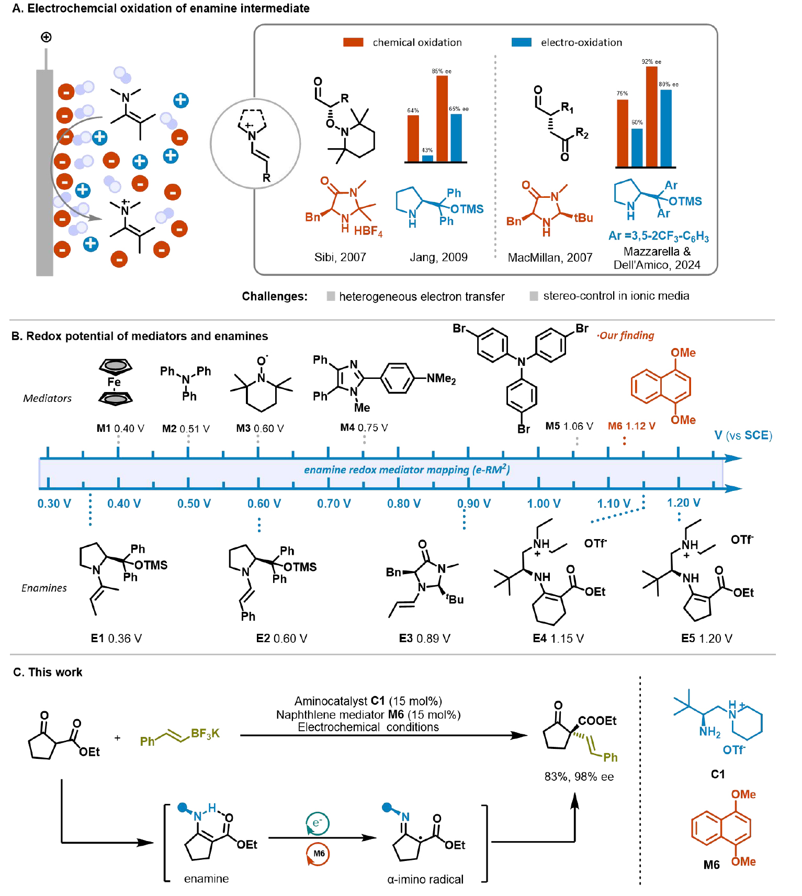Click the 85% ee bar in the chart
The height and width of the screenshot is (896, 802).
442,119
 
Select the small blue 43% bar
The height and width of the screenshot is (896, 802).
427,158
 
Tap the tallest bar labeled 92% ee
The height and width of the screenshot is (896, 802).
651,116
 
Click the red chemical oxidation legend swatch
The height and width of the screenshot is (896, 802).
353,42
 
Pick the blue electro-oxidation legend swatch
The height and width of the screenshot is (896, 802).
521,42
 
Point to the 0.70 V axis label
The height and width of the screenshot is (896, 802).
334,503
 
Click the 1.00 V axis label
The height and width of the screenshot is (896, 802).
544,503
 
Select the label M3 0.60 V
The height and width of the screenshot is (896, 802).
260,428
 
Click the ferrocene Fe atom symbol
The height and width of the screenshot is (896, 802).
114,382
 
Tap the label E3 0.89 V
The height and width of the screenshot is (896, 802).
424,639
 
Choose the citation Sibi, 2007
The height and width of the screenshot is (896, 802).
340,257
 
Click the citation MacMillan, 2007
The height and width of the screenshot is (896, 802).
550,257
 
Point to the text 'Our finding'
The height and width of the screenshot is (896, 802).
626,335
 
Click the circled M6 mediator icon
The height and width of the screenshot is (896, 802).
318,854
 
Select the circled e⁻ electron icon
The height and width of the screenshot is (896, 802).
317,823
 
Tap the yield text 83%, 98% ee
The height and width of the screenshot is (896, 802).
579,777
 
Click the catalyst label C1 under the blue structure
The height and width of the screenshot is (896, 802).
718,774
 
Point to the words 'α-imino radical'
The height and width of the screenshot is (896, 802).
425,879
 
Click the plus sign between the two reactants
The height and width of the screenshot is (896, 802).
117,738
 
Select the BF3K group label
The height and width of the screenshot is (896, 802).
205,733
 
